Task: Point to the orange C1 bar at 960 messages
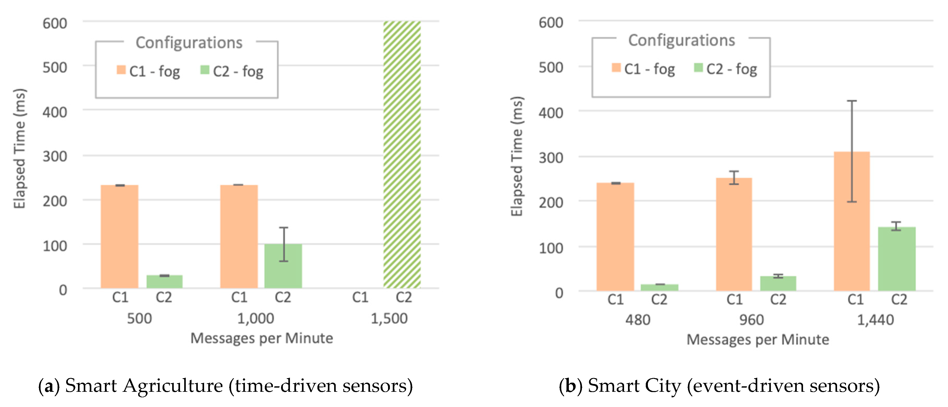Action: [x=733, y=234]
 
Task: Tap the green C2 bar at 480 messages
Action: [x=659, y=288]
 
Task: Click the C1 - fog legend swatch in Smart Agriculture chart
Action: [x=121, y=70]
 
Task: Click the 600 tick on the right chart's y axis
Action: [x=551, y=23]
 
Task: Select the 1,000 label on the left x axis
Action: [x=255, y=318]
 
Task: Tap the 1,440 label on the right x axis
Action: [x=875, y=320]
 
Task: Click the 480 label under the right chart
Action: [x=637, y=320]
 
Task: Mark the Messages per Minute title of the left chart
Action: [x=261, y=338]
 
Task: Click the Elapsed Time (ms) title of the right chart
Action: [x=517, y=157]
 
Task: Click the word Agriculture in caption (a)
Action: [x=173, y=386]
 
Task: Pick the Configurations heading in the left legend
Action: [x=189, y=43]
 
